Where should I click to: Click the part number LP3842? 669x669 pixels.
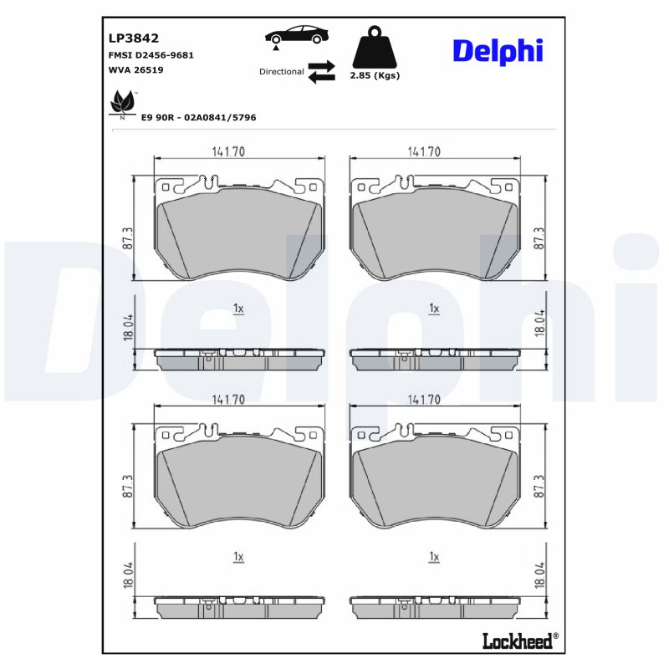[134, 38]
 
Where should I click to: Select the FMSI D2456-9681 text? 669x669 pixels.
[151, 54]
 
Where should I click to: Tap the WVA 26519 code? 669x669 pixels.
[135, 70]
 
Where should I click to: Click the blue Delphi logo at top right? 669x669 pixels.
[498, 50]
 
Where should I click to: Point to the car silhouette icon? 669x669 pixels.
[297, 36]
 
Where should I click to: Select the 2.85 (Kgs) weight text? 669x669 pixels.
[374, 75]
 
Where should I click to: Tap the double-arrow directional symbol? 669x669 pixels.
[321, 72]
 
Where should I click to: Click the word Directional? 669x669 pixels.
[282, 72]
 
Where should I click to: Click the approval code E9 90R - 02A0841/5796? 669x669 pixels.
[199, 118]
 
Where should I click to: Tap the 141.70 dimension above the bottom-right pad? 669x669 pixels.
[424, 400]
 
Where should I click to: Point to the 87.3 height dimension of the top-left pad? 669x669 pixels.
[127, 237]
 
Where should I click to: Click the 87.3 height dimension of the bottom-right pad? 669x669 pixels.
[539, 486]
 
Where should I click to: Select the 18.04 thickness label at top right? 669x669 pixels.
[539, 323]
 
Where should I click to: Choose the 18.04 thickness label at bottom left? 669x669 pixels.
[127, 575]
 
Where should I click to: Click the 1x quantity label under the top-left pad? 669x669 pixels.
[238, 309]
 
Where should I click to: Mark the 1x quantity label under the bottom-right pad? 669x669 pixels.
[433, 556]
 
